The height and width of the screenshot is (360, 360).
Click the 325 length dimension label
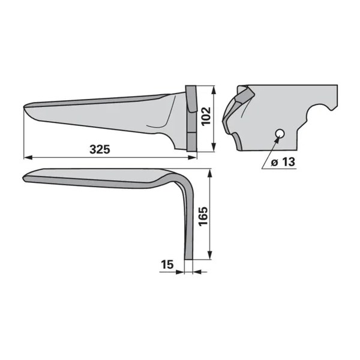click(x=100, y=149)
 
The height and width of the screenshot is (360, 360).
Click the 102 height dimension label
click(x=206, y=116)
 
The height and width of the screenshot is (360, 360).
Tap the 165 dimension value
click(x=203, y=217)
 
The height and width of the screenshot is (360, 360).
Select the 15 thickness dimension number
click(x=167, y=265)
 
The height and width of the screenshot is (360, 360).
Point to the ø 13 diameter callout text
click(x=283, y=162)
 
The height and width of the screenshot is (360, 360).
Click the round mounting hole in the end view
click(x=280, y=133)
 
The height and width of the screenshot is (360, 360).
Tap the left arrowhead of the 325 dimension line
click(x=28, y=157)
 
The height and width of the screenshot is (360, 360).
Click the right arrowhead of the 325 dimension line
click(x=193, y=157)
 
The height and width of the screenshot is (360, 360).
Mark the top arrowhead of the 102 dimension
click(x=214, y=90)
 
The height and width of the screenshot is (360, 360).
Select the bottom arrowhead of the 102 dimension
click(x=214, y=147)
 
